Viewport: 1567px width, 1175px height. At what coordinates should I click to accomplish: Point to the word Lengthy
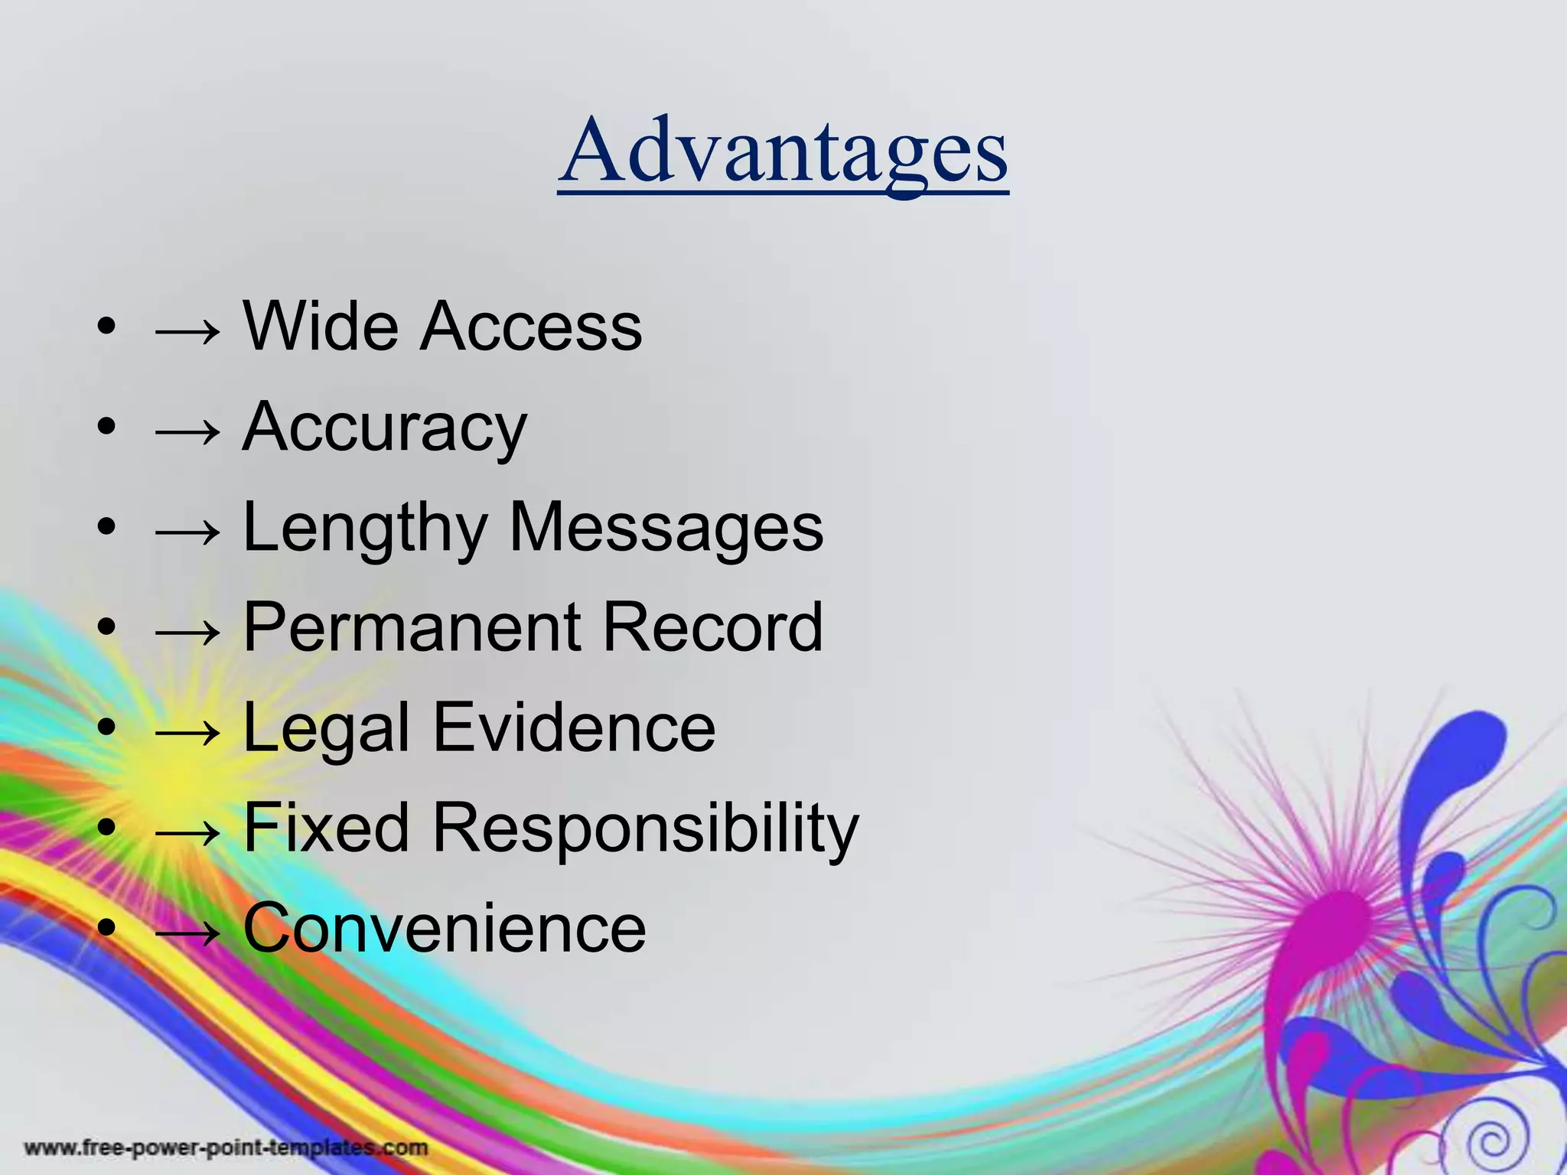(365, 529)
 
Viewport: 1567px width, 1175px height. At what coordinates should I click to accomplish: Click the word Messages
(666, 529)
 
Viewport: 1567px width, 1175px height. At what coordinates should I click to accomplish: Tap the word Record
(713, 627)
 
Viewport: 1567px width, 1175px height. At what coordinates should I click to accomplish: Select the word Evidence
(574, 727)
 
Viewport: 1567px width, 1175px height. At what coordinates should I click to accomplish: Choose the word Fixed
(327, 828)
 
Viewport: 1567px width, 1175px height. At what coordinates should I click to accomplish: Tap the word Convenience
(445, 928)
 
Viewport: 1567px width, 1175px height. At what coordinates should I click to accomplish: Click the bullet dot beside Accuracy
(107, 427)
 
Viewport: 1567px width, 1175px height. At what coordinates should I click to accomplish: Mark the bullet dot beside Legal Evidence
(107, 727)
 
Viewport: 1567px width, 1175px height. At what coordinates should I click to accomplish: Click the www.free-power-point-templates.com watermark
(226, 1148)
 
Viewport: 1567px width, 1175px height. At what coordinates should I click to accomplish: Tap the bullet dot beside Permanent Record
(107, 627)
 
